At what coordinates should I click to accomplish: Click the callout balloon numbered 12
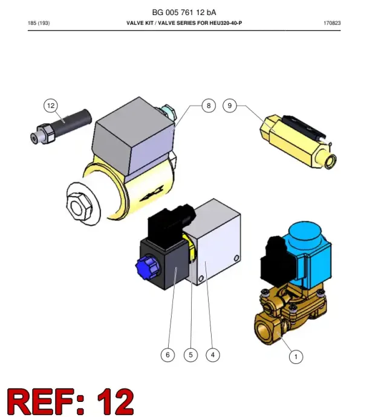coord(51,106)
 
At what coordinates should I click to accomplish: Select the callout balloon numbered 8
coord(209,106)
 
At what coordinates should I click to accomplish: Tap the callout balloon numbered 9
coord(230,106)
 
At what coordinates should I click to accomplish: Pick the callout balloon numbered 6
coord(167,355)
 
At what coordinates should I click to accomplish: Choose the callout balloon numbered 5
coord(190,355)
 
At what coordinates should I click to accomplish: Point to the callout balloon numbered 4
coord(213,355)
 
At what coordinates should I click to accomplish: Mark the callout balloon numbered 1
coord(296,357)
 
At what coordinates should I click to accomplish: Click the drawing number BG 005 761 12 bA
coord(184,13)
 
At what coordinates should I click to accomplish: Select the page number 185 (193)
coord(39,23)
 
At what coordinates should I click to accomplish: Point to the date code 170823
coord(332,23)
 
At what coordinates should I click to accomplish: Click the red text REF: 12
coord(70,401)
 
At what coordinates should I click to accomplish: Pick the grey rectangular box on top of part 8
coord(133,136)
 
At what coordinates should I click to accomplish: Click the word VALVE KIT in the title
coord(140,23)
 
